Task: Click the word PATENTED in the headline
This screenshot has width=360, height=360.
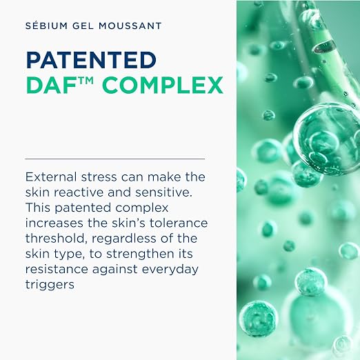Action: [91, 60]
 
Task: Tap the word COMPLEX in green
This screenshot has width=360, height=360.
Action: [163, 86]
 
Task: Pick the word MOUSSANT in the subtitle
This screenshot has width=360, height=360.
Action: [130, 26]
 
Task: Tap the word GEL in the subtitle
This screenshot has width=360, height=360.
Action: [83, 26]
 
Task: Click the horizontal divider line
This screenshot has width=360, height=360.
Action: [115, 159]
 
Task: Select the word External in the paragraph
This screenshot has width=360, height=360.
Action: [51, 177]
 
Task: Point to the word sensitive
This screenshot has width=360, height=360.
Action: [163, 192]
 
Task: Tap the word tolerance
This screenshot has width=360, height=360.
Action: [179, 223]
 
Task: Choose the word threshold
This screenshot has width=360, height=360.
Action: [57, 239]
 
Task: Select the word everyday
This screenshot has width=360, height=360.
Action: [170, 270]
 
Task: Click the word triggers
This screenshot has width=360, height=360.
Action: [50, 286]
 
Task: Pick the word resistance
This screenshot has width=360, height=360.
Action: [57, 269]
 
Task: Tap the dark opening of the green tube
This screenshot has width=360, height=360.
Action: [323, 46]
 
